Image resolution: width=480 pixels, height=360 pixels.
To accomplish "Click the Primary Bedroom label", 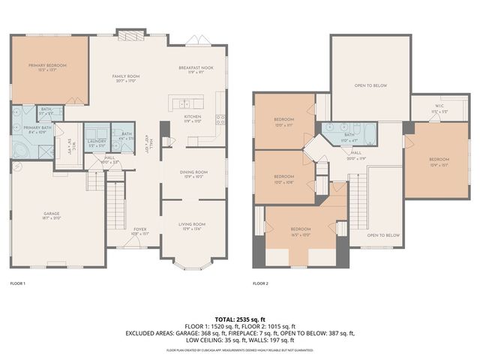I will (47, 67).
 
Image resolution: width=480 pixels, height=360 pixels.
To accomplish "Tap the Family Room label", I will (126, 79).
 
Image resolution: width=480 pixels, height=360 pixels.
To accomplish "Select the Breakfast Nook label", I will (192, 70).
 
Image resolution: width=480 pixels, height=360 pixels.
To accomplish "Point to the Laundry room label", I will (95, 142).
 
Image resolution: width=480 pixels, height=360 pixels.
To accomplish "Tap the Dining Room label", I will (193, 174).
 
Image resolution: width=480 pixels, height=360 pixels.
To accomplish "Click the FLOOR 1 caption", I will (18, 283).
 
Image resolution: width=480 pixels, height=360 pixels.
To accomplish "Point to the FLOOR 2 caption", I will (260, 283).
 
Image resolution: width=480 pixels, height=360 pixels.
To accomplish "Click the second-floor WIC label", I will (438, 109).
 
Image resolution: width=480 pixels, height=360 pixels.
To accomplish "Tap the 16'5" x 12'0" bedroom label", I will (300, 232).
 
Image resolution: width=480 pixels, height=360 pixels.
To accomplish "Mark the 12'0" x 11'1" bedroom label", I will (283, 122).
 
